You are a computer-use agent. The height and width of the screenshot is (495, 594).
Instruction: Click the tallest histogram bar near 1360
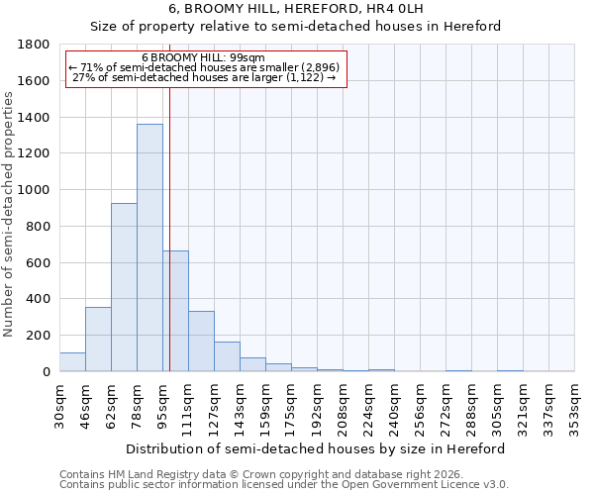click(149, 247)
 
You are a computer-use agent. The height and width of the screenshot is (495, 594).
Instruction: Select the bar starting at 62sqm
click(124, 287)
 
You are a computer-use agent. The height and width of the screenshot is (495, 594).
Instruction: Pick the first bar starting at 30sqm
click(72, 362)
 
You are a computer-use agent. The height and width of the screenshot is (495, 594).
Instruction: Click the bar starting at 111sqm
click(201, 342)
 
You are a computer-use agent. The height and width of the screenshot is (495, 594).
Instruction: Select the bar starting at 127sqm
click(227, 356)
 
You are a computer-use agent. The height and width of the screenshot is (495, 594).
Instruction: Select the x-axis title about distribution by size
click(317, 448)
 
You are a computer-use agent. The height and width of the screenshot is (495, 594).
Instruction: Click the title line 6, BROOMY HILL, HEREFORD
click(297, 9)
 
